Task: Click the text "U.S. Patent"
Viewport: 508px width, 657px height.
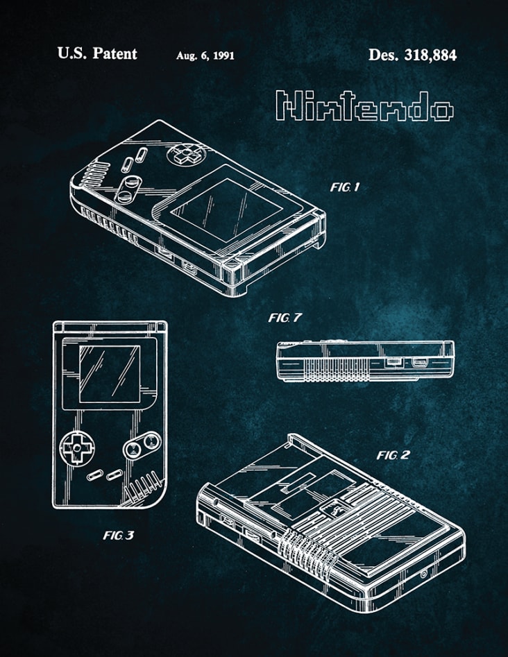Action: tap(97, 53)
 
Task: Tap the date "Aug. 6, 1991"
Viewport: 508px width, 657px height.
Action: tap(205, 56)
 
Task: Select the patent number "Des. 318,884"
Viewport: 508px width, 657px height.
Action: tap(412, 54)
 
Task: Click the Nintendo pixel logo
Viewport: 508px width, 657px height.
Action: tap(364, 106)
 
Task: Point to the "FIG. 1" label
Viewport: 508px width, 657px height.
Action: tap(345, 187)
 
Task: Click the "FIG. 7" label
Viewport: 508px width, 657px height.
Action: tap(285, 318)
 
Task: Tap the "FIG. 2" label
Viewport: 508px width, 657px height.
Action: tap(393, 455)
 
